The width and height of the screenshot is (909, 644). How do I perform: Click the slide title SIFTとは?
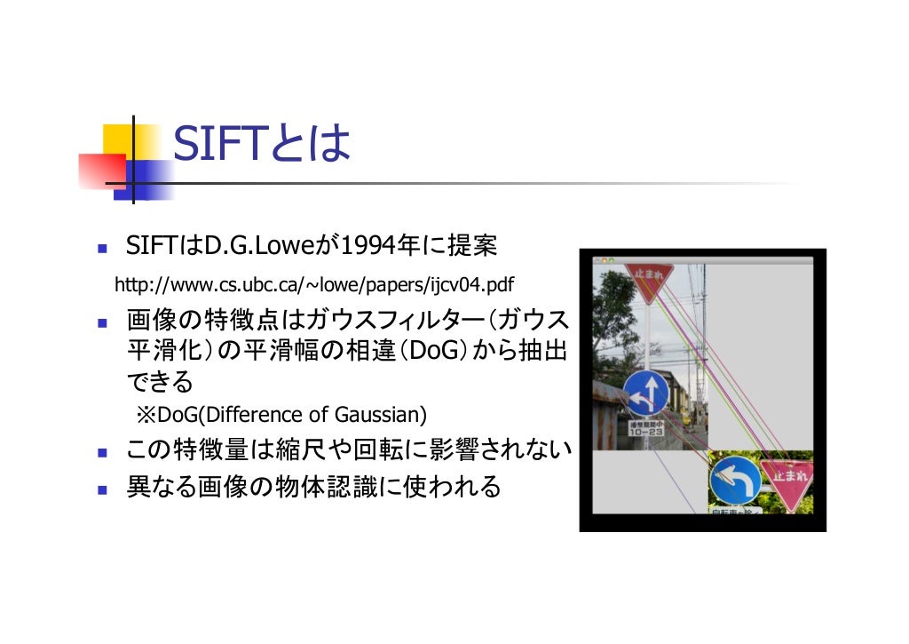[262, 144]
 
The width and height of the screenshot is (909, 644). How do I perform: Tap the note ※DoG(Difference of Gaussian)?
[281, 415]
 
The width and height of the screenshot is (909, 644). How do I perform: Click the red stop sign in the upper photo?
[648, 278]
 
